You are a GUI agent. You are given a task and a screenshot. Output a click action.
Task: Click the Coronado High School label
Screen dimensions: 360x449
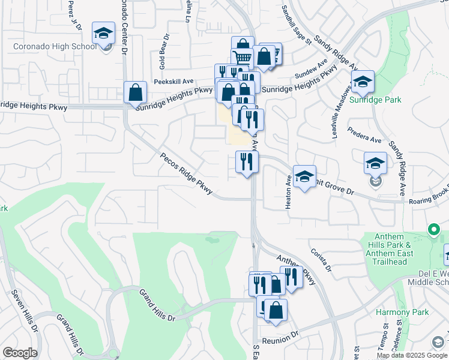click(55, 46)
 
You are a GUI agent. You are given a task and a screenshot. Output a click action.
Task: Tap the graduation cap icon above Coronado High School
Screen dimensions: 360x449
click(103, 33)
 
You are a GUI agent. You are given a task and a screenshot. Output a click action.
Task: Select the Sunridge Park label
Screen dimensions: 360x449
click(375, 100)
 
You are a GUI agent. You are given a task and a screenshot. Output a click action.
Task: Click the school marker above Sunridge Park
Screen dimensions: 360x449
click(363, 82)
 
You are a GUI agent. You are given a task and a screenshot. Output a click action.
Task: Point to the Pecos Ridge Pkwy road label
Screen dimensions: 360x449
click(186, 173)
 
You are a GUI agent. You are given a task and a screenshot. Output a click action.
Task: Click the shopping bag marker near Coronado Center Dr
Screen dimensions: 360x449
click(136, 92)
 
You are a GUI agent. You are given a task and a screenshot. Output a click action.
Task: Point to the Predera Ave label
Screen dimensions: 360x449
click(367, 139)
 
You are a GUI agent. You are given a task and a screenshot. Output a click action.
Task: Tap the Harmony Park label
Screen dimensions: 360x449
click(402, 313)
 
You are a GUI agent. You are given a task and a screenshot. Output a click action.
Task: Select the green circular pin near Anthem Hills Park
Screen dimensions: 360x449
click(433, 229)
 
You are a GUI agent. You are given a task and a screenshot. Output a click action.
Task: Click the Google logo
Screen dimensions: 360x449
click(20, 353)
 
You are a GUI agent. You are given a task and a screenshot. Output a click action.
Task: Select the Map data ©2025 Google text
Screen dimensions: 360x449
click(412, 355)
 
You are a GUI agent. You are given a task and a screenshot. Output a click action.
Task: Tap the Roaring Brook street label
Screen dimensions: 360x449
click(427, 194)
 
